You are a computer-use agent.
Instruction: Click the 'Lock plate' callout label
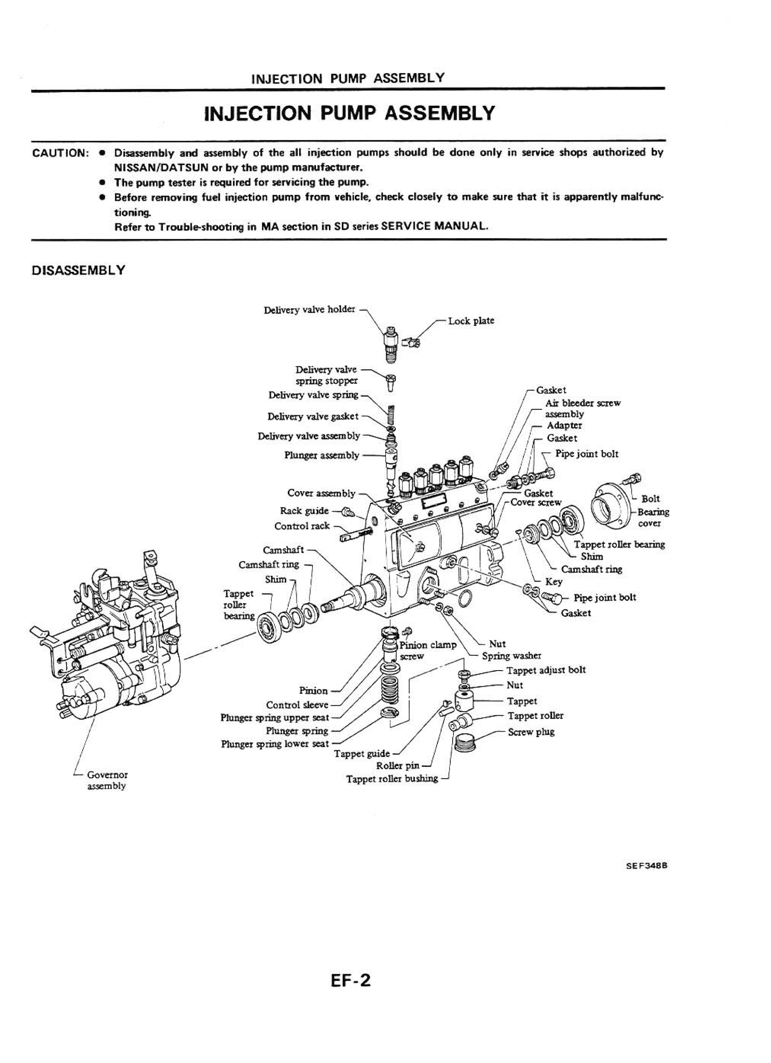471,321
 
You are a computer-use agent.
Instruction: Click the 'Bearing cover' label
652,517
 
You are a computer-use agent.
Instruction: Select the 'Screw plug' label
531,732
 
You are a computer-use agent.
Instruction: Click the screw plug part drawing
467,742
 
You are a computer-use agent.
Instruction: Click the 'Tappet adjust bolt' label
545,670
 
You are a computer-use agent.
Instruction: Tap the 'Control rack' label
302,526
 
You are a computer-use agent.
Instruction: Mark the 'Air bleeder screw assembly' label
582,408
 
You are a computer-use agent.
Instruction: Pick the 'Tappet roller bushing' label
392,779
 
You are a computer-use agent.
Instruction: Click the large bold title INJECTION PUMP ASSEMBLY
350,114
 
